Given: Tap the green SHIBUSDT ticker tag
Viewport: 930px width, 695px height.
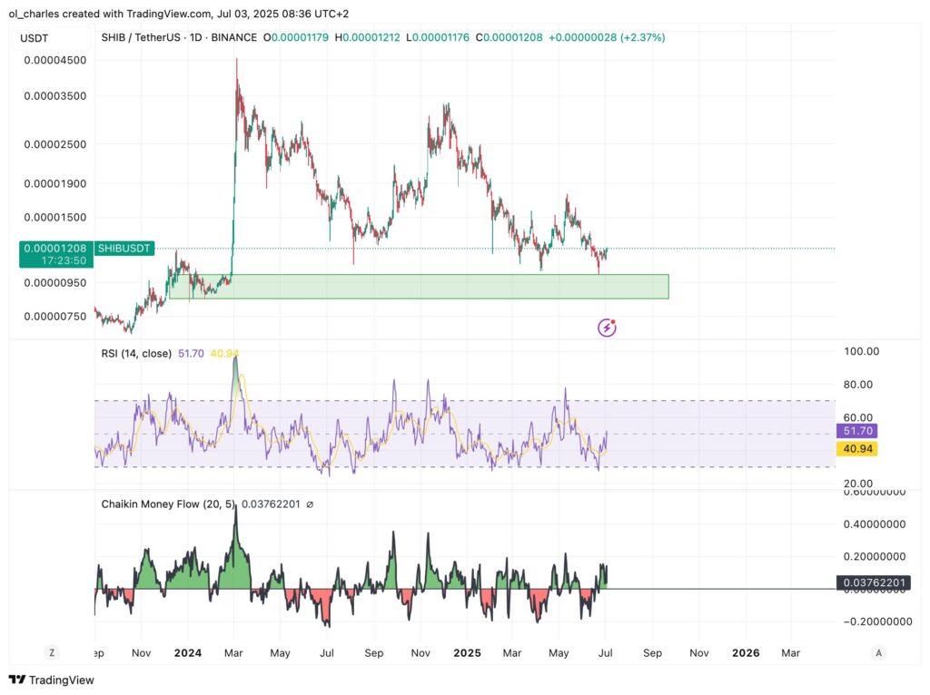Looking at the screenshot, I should tap(124, 248).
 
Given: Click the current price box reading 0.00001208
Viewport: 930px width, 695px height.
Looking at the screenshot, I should tap(55, 248).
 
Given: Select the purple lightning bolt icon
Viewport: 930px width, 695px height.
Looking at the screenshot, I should tap(607, 328).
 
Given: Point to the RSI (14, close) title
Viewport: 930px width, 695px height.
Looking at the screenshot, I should tap(136, 353).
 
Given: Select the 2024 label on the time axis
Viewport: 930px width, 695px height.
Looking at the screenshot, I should tap(188, 652).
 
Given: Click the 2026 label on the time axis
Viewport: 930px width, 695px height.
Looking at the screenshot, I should tap(746, 652).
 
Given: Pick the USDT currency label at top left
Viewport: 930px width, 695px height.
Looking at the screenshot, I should tap(36, 38).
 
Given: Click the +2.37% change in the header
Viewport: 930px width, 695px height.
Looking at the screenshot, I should tap(642, 37).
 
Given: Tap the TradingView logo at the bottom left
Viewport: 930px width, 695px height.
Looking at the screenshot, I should tap(52, 680).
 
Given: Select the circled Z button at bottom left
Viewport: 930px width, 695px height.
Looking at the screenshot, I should tap(52, 652).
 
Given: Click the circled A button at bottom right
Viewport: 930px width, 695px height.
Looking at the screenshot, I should tap(877, 652).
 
